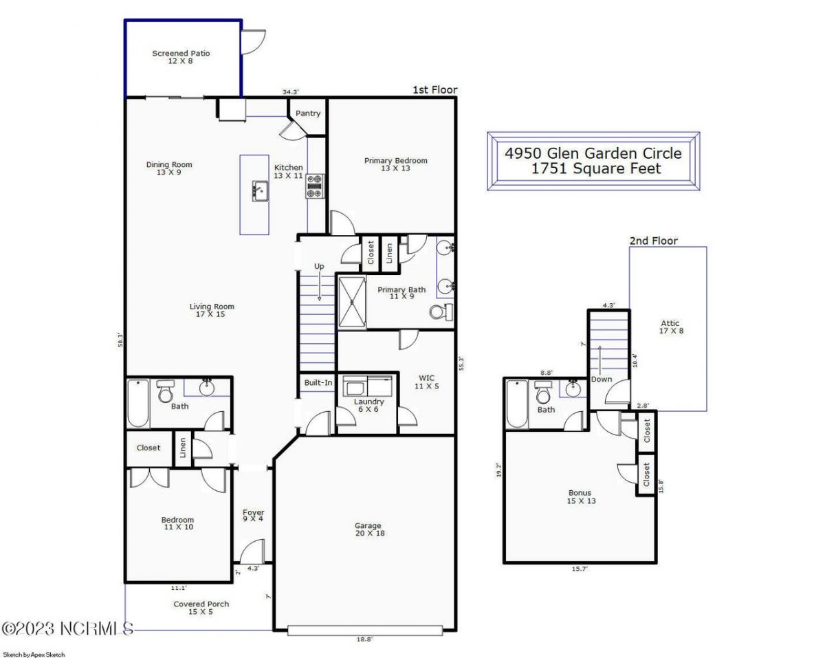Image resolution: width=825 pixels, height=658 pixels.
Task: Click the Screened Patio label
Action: tap(181, 57)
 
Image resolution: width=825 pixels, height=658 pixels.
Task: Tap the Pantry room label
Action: tap(308, 113)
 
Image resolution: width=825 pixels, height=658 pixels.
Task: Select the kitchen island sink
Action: tap(259, 190)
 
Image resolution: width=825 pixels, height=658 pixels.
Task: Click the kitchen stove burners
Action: tap(315, 186)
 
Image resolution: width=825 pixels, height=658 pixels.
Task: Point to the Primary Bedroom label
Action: tap(395, 164)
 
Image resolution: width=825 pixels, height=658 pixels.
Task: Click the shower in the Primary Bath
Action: tap(352, 301)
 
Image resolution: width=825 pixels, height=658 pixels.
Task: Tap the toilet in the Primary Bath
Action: tap(439, 312)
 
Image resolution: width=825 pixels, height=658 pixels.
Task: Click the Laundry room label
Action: tap(368, 406)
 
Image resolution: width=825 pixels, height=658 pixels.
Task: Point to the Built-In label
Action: tap(318, 382)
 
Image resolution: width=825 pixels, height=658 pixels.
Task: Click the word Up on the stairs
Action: tap(319, 266)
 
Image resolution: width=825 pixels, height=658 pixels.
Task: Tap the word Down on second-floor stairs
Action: tap(601, 380)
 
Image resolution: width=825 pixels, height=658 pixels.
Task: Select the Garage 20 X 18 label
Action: tap(368, 529)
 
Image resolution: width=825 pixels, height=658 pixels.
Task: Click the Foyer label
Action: tap(253, 516)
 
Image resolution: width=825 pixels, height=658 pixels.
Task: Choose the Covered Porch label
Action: tap(201, 608)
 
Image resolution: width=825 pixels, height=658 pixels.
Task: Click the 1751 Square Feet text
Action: tap(596, 168)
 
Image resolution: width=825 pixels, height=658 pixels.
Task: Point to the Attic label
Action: tap(670, 327)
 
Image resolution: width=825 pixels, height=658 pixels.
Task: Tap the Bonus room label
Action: tap(580, 496)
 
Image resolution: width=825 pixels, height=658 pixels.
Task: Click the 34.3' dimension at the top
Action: tap(291, 92)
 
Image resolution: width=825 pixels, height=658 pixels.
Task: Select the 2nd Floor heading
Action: tap(653, 241)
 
